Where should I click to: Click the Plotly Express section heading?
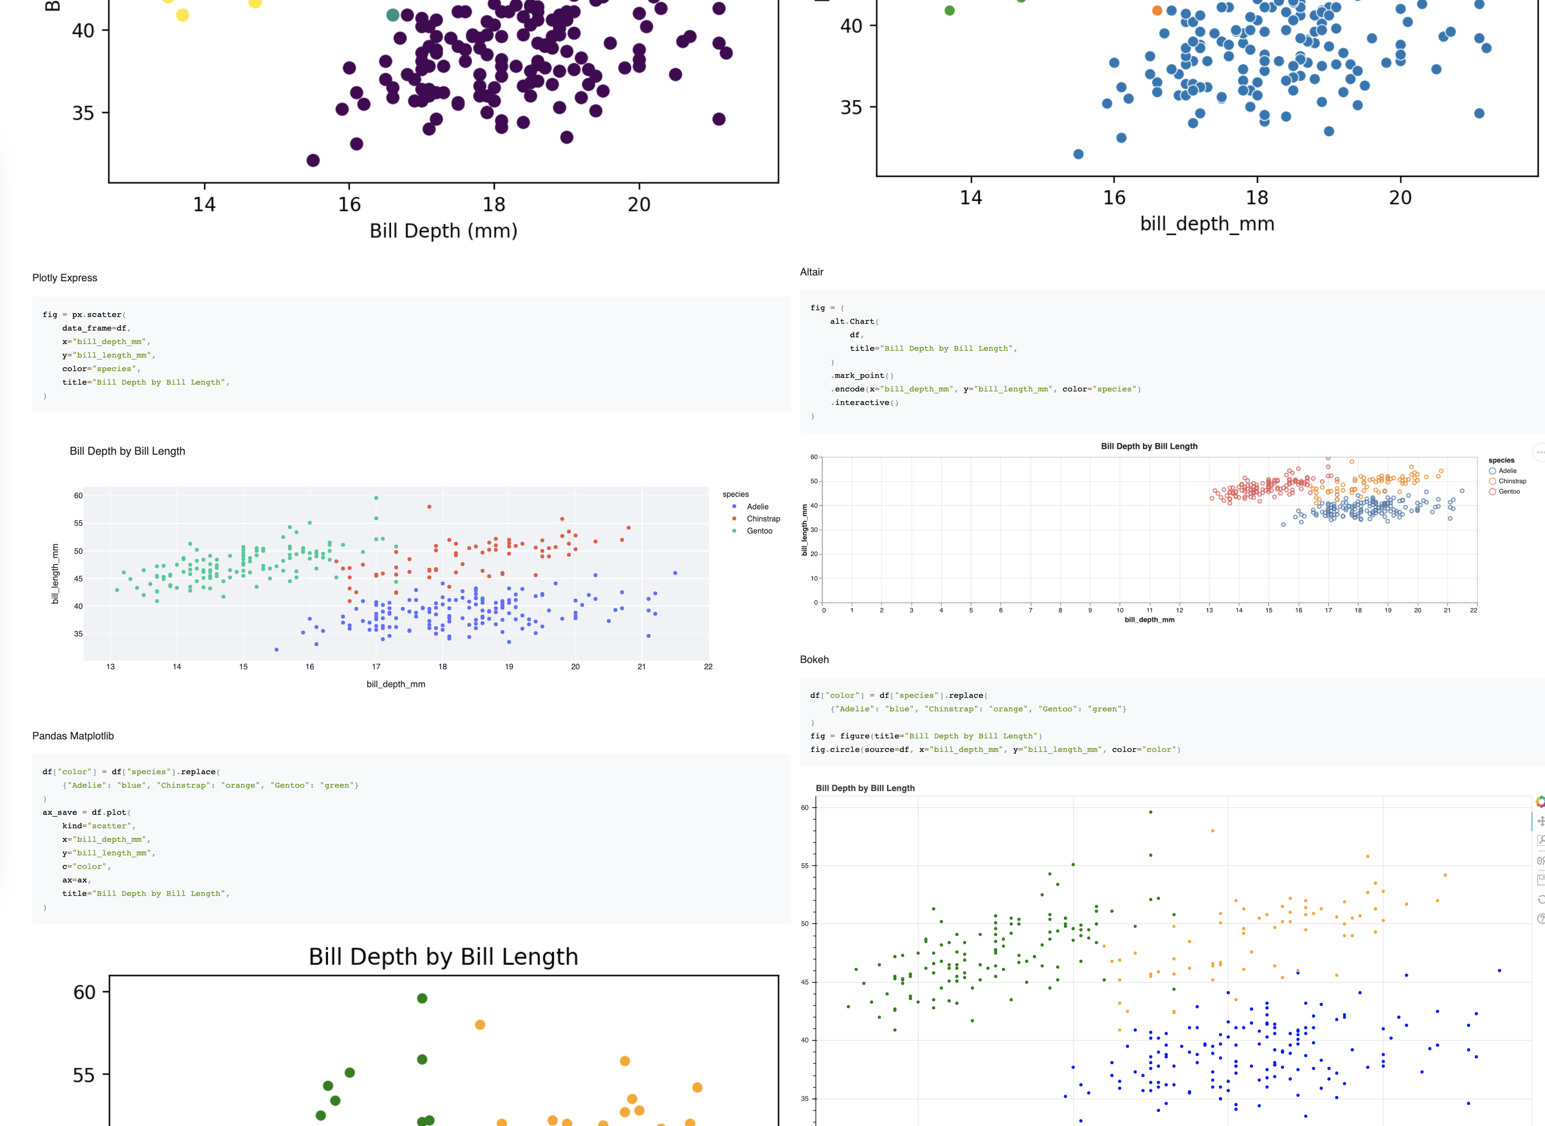click(x=65, y=277)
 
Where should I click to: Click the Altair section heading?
click(x=811, y=272)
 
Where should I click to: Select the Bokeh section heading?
click(x=814, y=659)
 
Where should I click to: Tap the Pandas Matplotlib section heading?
click(x=73, y=736)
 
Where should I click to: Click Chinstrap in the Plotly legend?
click(x=763, y=519)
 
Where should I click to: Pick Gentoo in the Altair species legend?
click(x=1509, y=491)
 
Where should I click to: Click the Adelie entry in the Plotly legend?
click(x=757, y=506)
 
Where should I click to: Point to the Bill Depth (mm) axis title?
click(x=443, y=231)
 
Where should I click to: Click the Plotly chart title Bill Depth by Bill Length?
click(x=128, y=451)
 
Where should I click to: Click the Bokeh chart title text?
click(x=865, y=788)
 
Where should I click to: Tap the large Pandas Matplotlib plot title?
click(x=443, y=956)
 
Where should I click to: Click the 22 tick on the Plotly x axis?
click(x=708, y=666)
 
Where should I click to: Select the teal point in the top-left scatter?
click(x=392, y=15)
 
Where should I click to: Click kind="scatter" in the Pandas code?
click(x=98, y=826)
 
